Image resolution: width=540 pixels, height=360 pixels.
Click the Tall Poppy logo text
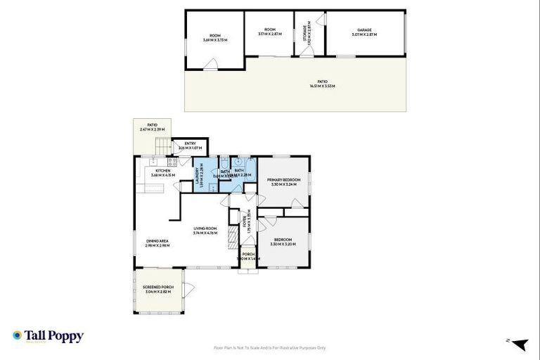coord(55,336)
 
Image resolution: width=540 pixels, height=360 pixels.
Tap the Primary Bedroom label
coord(283,180)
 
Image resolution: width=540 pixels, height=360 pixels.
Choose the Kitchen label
coord(163,171)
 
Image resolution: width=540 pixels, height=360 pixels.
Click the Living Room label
coord(205,229)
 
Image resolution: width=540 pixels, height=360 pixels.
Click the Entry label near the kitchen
coord(190,143)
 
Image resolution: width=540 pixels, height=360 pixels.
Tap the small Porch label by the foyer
coord(248,254)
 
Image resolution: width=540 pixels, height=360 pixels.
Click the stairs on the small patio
coord(162,147)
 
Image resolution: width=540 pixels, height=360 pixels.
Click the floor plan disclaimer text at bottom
coord(269,348)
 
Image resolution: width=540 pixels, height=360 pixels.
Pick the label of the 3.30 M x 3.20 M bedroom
coord(283,240)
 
